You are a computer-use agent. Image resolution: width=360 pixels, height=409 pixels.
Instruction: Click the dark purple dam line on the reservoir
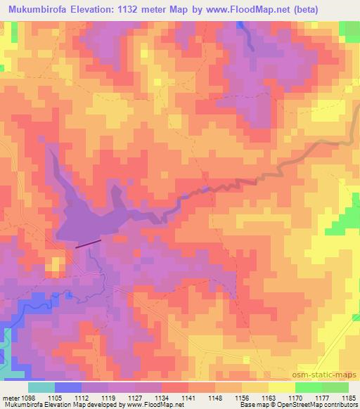[x=88, y=243]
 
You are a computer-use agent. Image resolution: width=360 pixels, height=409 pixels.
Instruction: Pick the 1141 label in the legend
[x=188, y=397]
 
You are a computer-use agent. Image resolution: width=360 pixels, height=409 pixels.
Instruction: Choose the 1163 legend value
[x=268, y=397]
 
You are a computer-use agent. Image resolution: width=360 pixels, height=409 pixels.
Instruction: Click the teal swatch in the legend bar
[x=41, y=387]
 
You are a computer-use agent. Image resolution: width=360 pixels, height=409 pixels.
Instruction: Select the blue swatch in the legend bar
[x=67, y=387]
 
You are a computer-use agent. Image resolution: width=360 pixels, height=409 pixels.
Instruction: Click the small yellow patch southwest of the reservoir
[x=54, y=266]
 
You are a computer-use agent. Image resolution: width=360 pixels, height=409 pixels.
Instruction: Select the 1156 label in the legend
[x=241, y=397]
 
